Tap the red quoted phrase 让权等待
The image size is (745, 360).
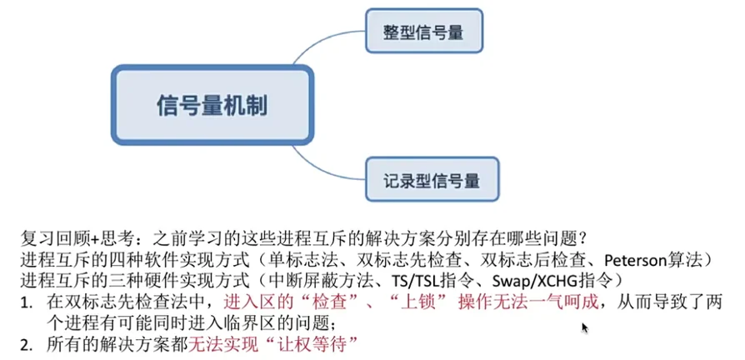319,342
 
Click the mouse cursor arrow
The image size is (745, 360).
585,327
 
